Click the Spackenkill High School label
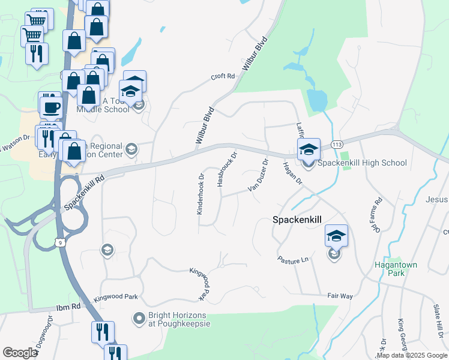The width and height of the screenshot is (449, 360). point(362,163)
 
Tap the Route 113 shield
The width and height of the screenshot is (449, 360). point(337,145)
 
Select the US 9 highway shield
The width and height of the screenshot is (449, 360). point(59,241)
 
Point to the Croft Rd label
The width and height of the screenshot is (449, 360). point(221,76)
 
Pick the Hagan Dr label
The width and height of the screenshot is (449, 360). point(292,173)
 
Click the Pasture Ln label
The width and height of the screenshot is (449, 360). point(292,259)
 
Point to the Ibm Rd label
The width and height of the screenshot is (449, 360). point(68,307)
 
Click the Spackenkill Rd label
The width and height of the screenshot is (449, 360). point(85,191)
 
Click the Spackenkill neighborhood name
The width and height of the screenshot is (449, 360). point(299,220)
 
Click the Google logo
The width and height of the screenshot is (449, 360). point(20,353)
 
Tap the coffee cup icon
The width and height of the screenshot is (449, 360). point(51,107)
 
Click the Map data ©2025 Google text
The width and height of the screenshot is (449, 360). point(412,355)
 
